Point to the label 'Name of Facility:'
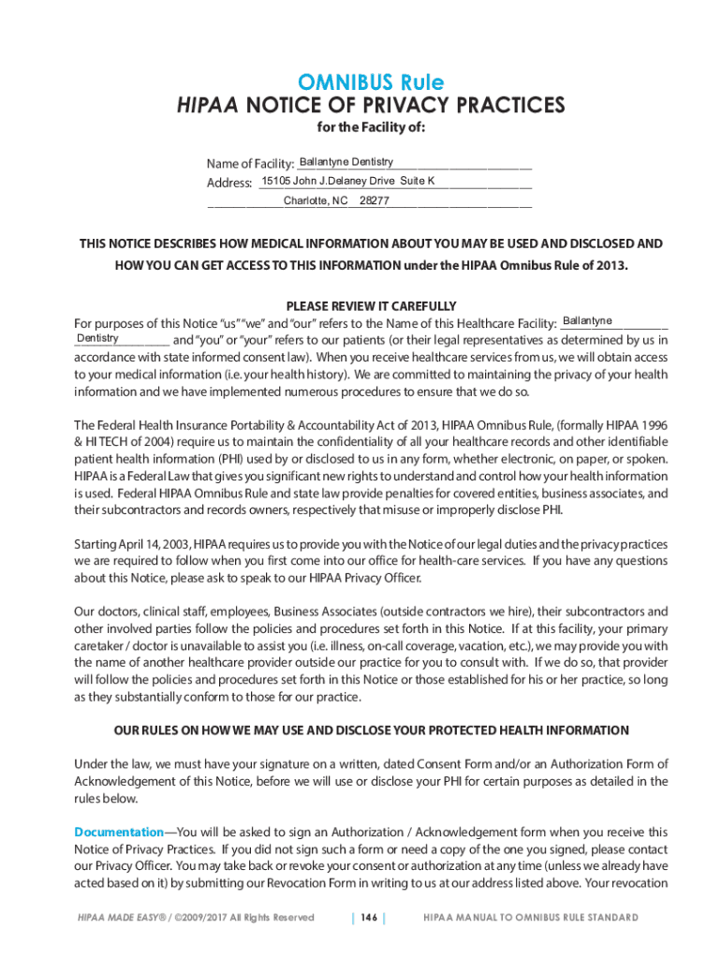click(x=250, y=165)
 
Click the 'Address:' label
click(x=229, y=183)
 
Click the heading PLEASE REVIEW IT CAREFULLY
click(x=371, y=306)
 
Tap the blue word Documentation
click(x=119, y=832)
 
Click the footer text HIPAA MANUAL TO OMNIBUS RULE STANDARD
click(x=531, y=918)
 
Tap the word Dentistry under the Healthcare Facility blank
click(x=97, y=337)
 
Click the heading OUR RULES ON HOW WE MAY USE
click(x=371, y=730)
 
